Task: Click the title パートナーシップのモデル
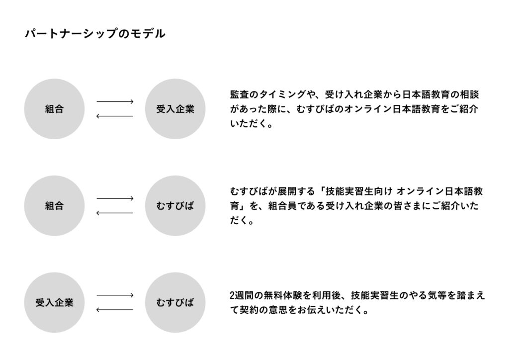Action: pyautogui.click(x=95, y=34)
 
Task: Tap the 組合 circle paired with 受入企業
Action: pyautogui.click(x=54, y=109)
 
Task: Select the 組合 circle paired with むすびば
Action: pyautogui.click(x=54, y=205)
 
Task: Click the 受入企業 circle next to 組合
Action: pyautogui.click(x=175, y=109)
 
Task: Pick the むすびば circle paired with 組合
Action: pyautogui.click(x=175, y=205)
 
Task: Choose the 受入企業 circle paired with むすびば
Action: pyautogui.click(x=54, y=302)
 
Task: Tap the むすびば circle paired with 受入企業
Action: pyautogui.click(x=175, y=302)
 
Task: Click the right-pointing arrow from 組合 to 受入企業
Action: pyautogui.click(x=115, y=101)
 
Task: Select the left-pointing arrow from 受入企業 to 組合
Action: pyautogui.click(x=115, y=116)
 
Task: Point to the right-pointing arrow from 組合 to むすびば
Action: pyautogui.click(x=115, y=198)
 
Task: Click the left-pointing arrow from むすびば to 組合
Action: pyautogui.click(x=115, y=213)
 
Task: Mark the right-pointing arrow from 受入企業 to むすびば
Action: pyautogui.click(x=115, y=295)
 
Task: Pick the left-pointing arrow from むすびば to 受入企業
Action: pyautogui.click(x=115, y=310)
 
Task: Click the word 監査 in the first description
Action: pyautogui.click(x=240, y=94)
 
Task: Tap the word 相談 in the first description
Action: pyautogui.click(x=469, y=94)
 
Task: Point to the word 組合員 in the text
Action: pyautogui.click(x=282, y=206)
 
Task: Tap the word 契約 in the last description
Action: pyautogui.click(x=249, y=310)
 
